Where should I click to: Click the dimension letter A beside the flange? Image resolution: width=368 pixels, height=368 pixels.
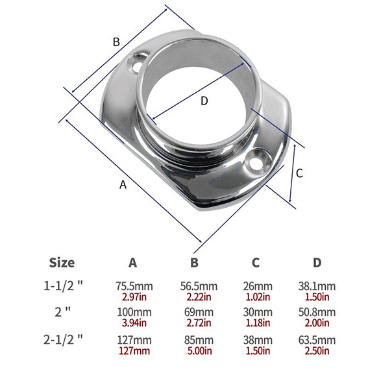[x=123, y=184]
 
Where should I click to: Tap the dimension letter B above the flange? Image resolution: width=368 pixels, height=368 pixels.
[x=116, y=42]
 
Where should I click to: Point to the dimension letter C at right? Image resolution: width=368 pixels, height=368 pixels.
[x=299, y=173]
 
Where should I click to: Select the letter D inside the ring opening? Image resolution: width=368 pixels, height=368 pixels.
[x=204, y=101]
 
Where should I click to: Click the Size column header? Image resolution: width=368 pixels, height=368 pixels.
[x=62, y=263]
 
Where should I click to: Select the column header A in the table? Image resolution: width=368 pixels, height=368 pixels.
[x=132, y=263]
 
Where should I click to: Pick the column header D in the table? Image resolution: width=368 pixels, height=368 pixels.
[x=317, y=263]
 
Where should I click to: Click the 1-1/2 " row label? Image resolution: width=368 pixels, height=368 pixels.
[x=63, y=286]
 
